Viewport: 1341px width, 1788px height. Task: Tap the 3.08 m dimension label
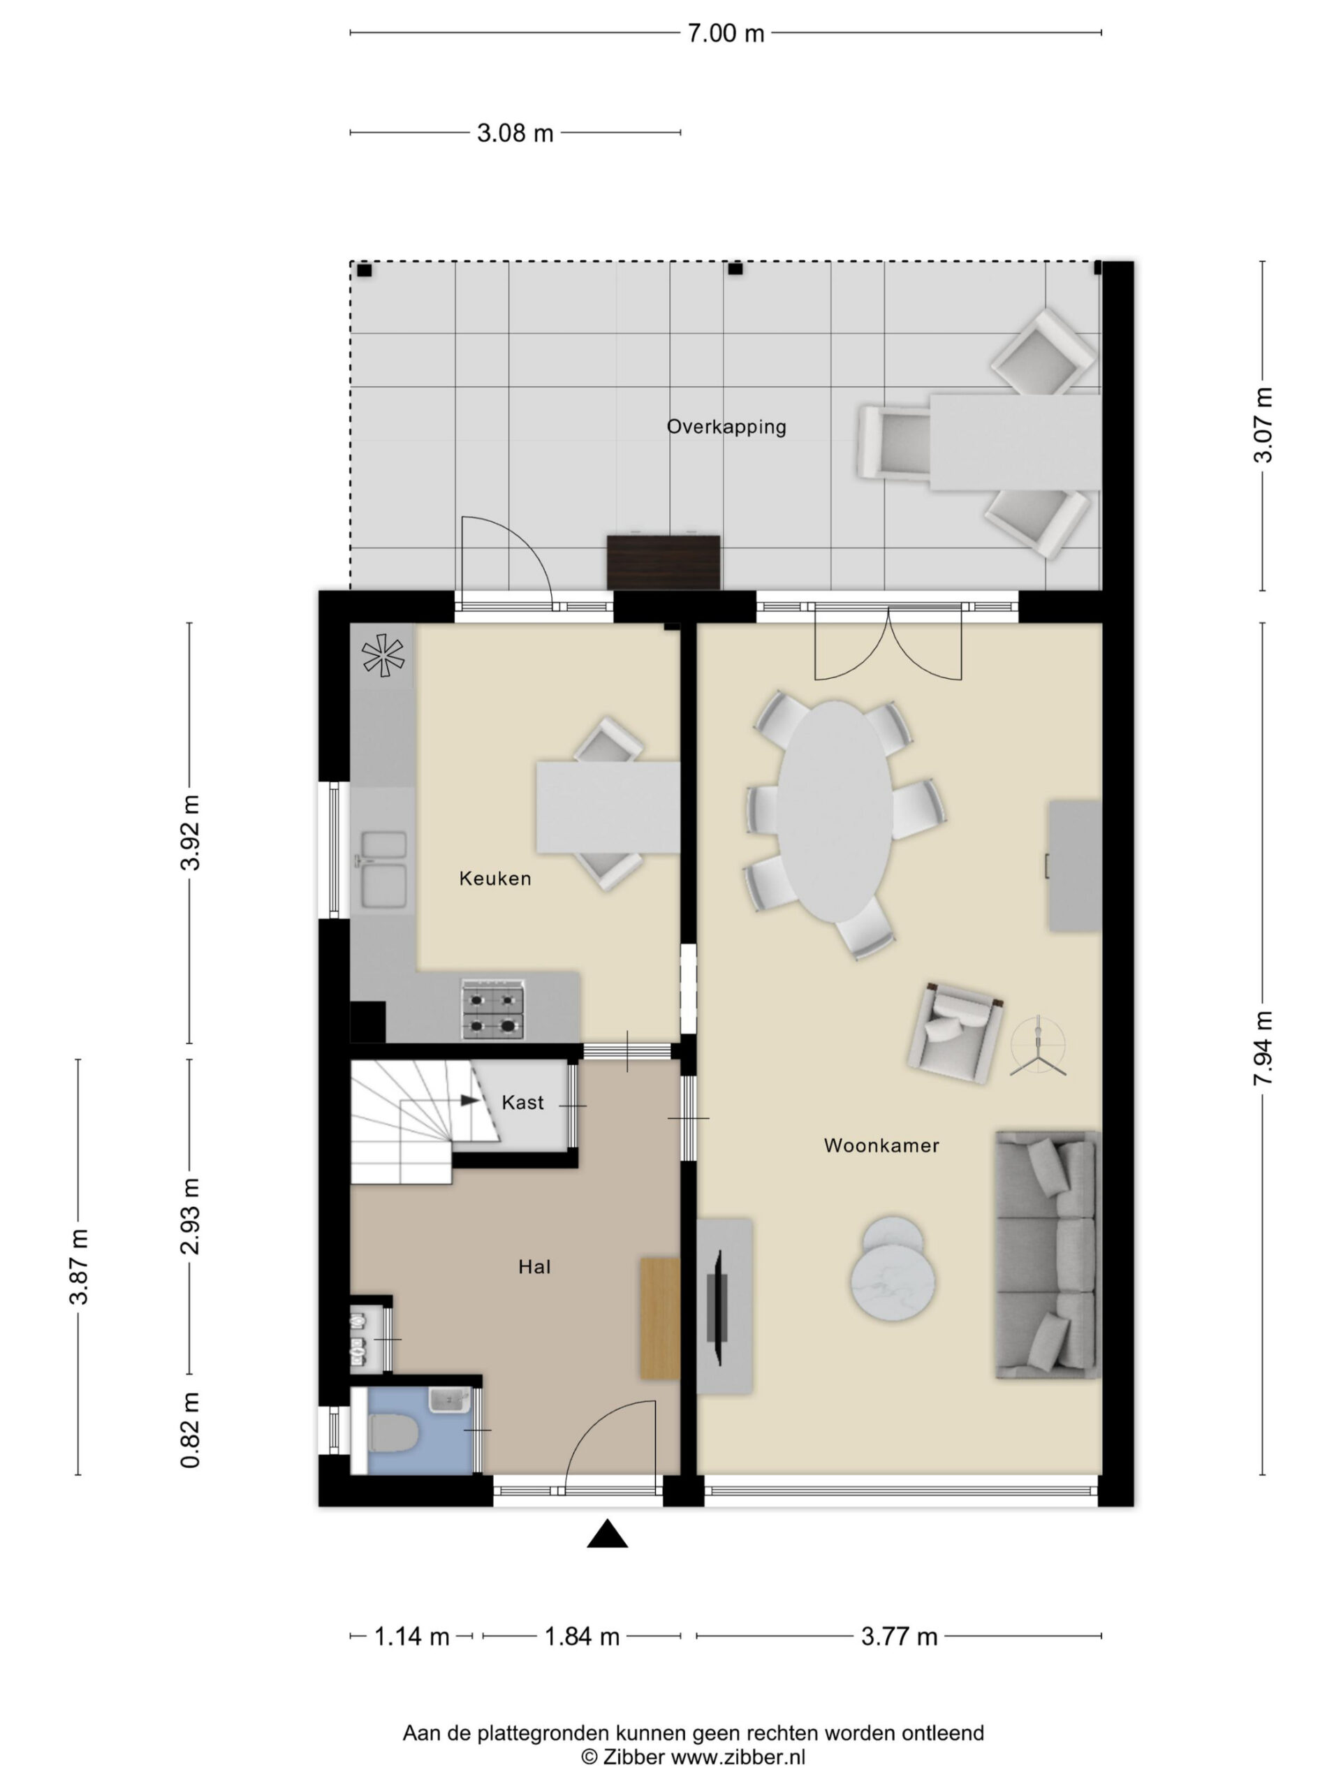point(515,133)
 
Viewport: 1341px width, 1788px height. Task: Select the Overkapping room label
point(726,427)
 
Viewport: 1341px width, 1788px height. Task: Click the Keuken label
point(494,879)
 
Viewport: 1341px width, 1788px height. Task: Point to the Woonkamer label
point(881,1145)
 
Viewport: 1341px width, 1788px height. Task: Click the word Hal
point(534,1267)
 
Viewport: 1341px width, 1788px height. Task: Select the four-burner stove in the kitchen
point(492,1009)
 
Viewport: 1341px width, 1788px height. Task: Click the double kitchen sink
point(383,869)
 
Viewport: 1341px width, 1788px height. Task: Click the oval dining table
point(835,811)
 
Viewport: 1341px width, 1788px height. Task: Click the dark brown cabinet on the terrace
point(663,562)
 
